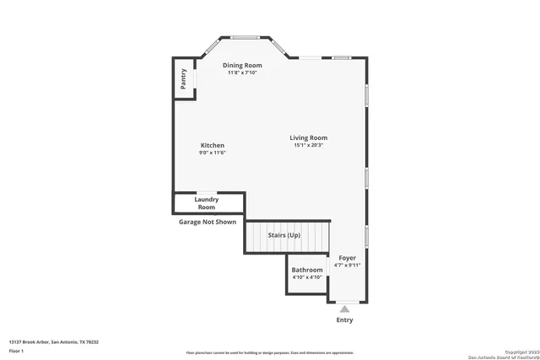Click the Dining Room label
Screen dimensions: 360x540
pos(242,65)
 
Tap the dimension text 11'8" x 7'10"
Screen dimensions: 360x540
pos(242,73)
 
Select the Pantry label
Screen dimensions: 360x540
pos(183,79)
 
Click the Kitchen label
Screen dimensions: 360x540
pos(212,145)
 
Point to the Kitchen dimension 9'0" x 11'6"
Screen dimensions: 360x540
pos(212,153)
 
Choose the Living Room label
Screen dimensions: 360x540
pos(309,137)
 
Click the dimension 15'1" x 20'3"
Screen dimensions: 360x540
pos(309,145)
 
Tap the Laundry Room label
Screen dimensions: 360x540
pos(207,203)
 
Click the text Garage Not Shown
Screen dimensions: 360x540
pos(208,223)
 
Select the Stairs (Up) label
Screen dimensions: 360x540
pos(283,234)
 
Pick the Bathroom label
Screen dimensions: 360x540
pos(307,270)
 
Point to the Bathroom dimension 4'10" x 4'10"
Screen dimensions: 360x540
pos(307,277)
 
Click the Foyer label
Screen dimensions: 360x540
pos(348,257)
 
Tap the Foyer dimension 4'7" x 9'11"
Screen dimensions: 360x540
pos(348,265)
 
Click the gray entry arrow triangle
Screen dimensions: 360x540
pos(344,309)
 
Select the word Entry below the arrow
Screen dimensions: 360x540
pos(344,320)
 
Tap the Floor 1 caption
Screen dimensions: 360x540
pos(16,350)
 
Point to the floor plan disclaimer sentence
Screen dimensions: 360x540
pos(270,352)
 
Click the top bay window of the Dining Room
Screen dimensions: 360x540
pos(246,37)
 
